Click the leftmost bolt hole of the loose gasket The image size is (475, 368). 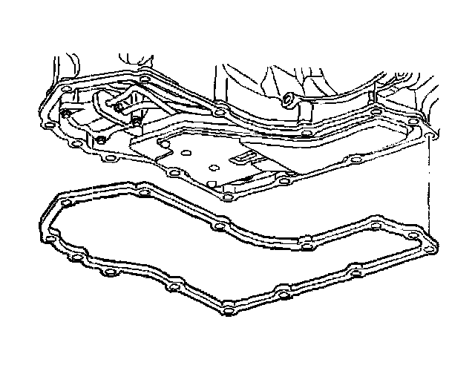49,239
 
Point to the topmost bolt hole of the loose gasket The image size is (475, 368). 66,202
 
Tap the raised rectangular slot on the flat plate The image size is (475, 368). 241,157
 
